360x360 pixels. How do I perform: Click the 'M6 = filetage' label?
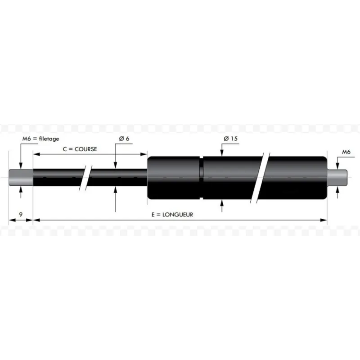click(x=40, y=139)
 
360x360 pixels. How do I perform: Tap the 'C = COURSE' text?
click(x=80, y=149)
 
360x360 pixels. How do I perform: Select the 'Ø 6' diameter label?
click(x=124, y=139)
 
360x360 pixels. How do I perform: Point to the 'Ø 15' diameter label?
click(x=230, y=139)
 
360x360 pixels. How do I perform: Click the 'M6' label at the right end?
click(x=346, y=152)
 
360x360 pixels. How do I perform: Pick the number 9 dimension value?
click(x=21, y=215)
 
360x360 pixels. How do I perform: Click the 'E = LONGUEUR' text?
click(x=172, y=215)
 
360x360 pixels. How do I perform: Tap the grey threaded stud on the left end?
click(x=21, y=177)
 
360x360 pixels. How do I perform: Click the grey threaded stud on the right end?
click(x=337, y=177)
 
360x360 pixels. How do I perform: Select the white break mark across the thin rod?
click(x=85, y=178)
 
